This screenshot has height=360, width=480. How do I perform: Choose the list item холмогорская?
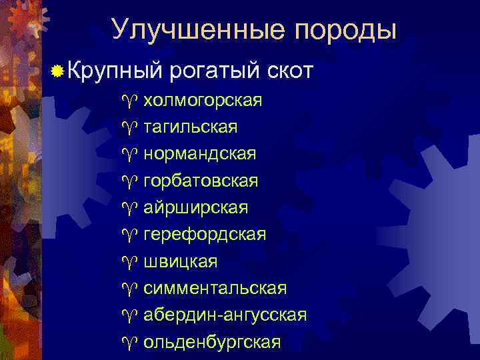203,101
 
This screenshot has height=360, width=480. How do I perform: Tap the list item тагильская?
190,127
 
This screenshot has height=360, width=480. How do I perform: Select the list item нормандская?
199,154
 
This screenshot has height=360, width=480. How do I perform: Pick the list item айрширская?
196,208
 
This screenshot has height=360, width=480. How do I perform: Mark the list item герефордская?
205,235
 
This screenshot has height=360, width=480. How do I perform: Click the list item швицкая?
180,261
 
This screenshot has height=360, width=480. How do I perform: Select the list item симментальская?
215,289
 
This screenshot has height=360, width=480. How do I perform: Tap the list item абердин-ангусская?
225,315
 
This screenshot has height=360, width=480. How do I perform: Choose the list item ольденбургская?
212,342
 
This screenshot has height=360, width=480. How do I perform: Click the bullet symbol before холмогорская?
129,101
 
